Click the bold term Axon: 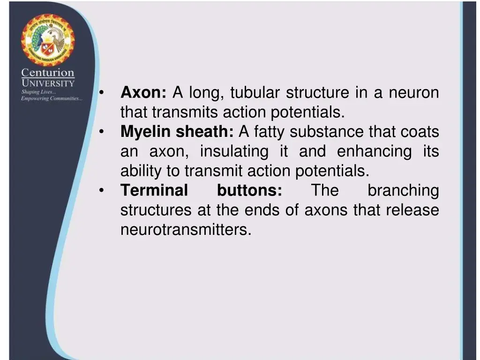click(x=143, y=93)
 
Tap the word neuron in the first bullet click(x=414, y=93)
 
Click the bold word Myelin click(x=146, y=132)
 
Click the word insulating click(x=234, y=151)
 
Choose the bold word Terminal click(x=154, y=190)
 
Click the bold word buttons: click(x=249, y=190)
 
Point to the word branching click(x=403, y=190)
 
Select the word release click(x=412, y=210)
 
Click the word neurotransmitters click(x=186, y=230)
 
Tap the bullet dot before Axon click(x=102, y=93)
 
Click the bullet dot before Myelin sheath click(x=102, y=132)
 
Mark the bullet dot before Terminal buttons click(x=102, y=190)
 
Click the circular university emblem click(x=47, y=40)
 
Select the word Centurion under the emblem click(x=48, y=73)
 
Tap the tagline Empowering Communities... click(x=52, y=98)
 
